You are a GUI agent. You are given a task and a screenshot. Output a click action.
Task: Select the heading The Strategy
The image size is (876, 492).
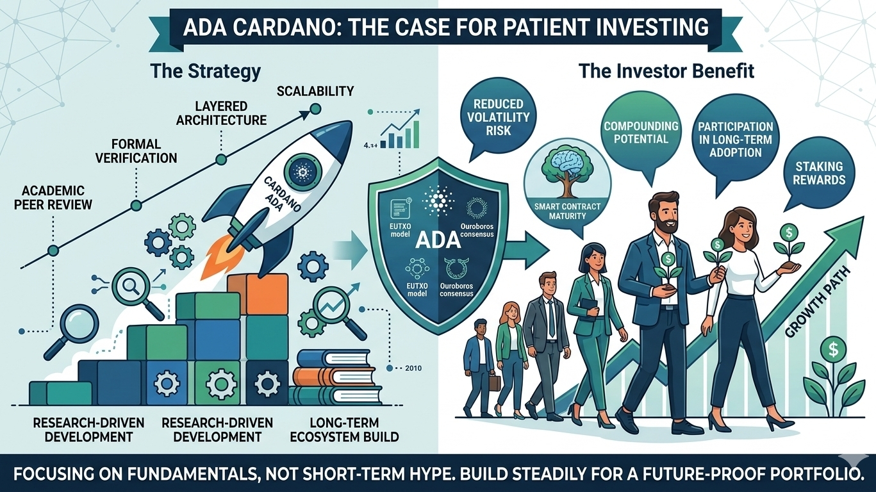pyautogui.click(x=205, y=70)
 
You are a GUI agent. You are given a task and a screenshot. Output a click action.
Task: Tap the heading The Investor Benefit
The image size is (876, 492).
pyautogui.click(x=666, y=70)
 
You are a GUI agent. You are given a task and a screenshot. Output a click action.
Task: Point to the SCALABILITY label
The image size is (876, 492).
pyautogui.click(x=315, y=91)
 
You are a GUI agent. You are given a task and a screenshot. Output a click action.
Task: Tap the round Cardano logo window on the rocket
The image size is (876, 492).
pyautogui.click(x=300, y=170)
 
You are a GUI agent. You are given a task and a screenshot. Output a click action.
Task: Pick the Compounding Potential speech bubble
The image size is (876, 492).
pyautogui.click(x=641, y=132)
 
